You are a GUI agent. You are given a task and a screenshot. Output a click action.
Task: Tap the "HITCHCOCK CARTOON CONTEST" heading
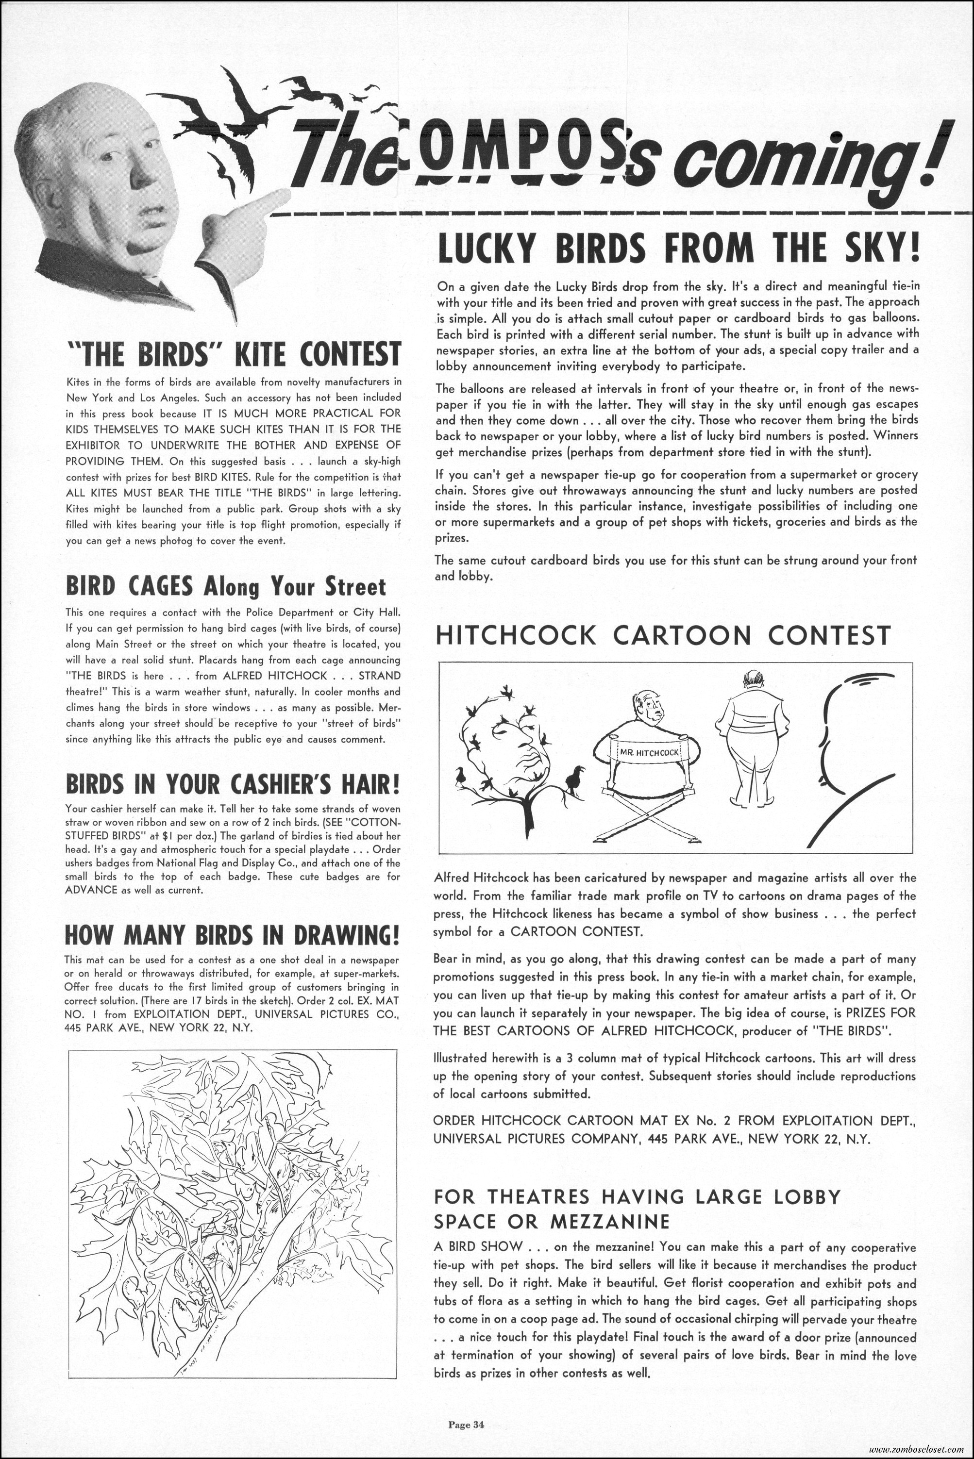point(663,636)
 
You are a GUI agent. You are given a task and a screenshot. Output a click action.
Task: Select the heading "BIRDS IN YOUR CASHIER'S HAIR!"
point(232,785)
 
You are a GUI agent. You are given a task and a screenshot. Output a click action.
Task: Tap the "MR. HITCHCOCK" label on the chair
point(646,753)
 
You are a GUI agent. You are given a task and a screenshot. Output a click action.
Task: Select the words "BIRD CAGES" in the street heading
point(131,585)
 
